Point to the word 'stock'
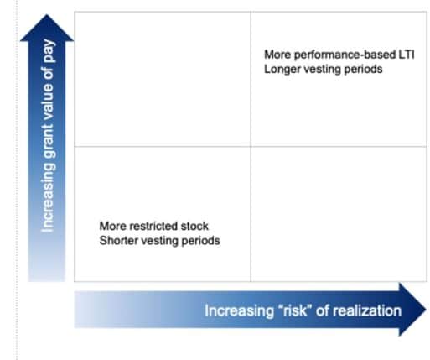pyautogui.click(x=194, y=226)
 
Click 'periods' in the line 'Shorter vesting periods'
pyautogui.click(x=201, y=241)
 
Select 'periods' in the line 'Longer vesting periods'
pyautogui.click(x=363, y=70)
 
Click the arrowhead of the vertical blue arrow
pyautogui.click(x=47, y=28)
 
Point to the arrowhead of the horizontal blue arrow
pyautogui.click(x=412, y=310)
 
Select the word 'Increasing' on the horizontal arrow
pyautogui.click(x=239, y=311)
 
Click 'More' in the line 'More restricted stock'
pyautogui.click(x=113, y=226)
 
